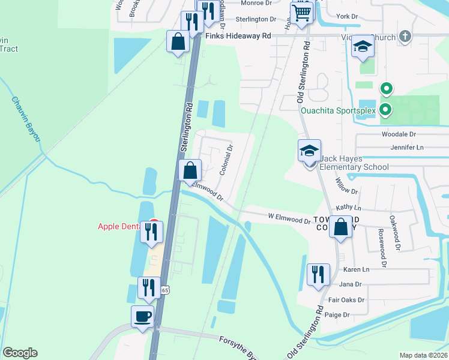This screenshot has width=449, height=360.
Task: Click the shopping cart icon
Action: click(303, 11)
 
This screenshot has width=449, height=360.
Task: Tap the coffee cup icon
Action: click(142, 316)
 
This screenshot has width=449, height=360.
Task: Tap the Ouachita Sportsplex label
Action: click(337, 110)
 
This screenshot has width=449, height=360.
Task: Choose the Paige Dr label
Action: click(337, 314)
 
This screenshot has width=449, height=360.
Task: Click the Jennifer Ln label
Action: click(407, 147)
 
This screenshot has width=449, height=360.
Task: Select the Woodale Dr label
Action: click(399, 134)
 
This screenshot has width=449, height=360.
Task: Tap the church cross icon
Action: click(405, 37)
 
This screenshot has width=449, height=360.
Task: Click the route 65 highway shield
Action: click(165, 290)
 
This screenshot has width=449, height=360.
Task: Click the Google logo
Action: click(20, 353)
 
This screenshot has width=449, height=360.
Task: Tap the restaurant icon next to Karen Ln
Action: click(318, 274)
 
